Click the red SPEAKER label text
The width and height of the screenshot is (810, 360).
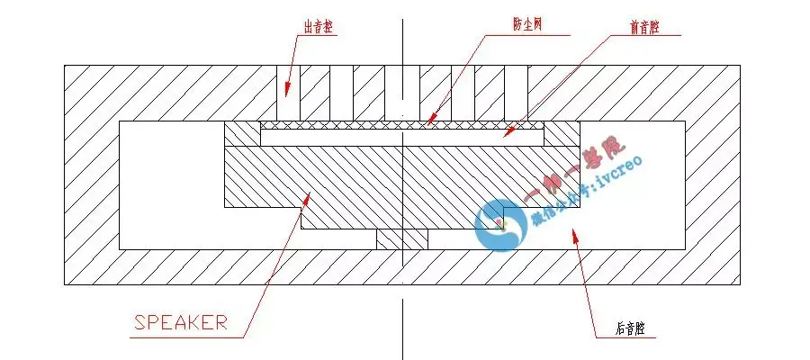point(180,322)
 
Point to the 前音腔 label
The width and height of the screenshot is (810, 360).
point(644,28)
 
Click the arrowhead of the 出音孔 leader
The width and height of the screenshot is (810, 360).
point(287,91)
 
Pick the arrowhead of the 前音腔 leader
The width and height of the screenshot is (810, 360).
point(506,133)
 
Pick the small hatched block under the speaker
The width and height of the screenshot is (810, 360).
point(401,239)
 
